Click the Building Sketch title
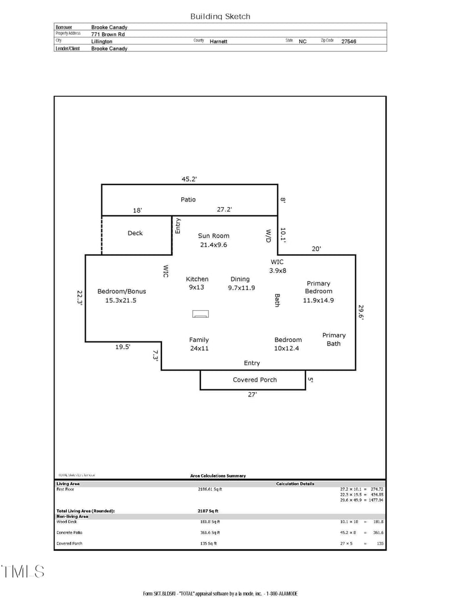[x=221, y=17]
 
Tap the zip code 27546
[x=348, y=42]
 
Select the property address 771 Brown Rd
[x=108, y=34]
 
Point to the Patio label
[x=188, y=200]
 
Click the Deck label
[x=135, y=233]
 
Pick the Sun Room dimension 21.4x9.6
[x=214, y=245]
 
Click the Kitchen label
[x=197, y=279]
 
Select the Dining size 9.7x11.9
[x=241, y=288]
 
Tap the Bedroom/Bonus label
[x=122, y=291]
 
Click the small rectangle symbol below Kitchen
[x=201, y=314]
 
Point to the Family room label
[x=199, y=340]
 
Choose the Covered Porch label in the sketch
[x=255, y=380]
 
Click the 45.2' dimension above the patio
[x=189, y=179]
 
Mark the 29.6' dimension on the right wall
[x=361, y=313]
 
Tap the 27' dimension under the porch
[x=252, y=395]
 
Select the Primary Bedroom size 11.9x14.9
[x=318, y=300]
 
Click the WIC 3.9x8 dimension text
[x=278, y=270]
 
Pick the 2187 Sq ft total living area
[x=208, y=511]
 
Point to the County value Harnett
[x=219, y=42]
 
